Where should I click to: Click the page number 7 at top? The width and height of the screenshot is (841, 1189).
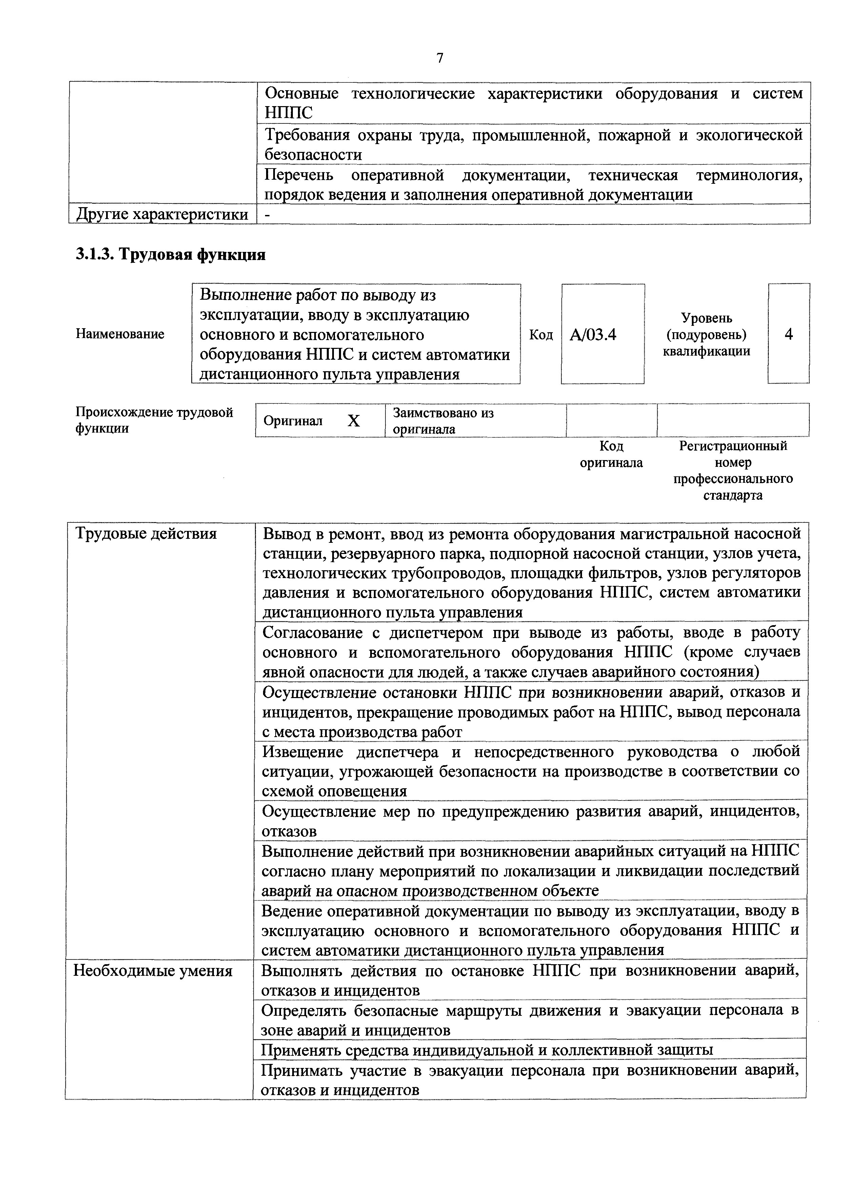440,58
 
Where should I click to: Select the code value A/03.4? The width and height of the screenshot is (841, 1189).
593,335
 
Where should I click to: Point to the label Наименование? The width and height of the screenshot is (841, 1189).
120,334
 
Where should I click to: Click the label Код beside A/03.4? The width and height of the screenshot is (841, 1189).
541,335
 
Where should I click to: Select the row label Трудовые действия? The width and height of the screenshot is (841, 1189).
146,533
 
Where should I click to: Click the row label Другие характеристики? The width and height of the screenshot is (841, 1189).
162,214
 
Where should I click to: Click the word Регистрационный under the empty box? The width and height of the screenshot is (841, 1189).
733,446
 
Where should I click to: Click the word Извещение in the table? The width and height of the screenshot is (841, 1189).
301,751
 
